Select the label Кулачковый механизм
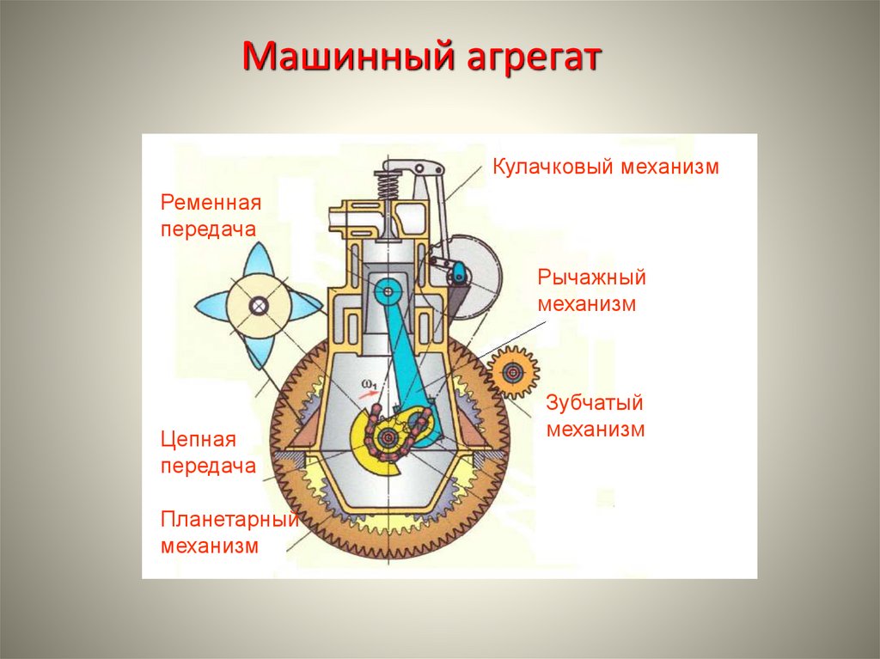coord(605,167)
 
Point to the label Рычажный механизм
coord(591,290)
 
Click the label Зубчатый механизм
coord(595,416)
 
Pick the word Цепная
coord(198,440)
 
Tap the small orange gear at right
coord(513,372)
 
